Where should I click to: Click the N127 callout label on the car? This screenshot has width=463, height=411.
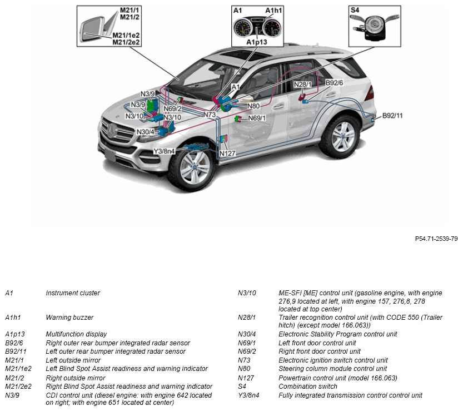[228, 153]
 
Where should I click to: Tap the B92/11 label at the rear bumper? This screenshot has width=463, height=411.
[392, 116]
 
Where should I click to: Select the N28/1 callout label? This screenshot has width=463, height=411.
[303, 85]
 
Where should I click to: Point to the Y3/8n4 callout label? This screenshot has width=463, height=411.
[164, 151]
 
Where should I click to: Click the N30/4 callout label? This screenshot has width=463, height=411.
[145, 132]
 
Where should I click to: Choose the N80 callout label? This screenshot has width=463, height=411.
[253, 106]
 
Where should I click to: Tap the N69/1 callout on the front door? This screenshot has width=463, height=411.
[257, 118]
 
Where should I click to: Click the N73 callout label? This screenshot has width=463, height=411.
[210, 115]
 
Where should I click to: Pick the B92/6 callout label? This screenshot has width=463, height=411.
[335, 83]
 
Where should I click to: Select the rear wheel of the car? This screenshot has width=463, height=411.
[340, 135]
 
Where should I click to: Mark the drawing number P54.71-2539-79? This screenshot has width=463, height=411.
[436, 239]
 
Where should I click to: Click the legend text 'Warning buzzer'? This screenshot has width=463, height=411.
[69, 318]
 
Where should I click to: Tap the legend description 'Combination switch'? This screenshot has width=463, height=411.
[308, 386]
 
